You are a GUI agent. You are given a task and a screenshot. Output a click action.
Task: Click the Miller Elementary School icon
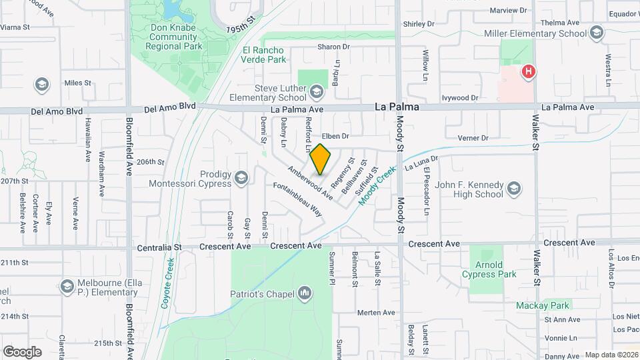tap(597, 32)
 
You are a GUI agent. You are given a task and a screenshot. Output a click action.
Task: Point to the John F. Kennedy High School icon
tap(514, 189)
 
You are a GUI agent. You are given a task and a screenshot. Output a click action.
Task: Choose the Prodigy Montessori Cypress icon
tap(241, 177)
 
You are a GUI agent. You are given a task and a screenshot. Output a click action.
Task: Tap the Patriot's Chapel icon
tap(305, 292)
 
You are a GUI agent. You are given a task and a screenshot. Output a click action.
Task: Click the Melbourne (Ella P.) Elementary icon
tap(66, 286)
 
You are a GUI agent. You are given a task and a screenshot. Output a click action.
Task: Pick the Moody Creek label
tap(375, 187)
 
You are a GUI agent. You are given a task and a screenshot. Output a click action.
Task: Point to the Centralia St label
tap(159, 247)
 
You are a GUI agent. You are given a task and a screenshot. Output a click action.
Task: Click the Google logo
tap(22, 351)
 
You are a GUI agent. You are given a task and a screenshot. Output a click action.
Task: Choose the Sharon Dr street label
tap(333, 47)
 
